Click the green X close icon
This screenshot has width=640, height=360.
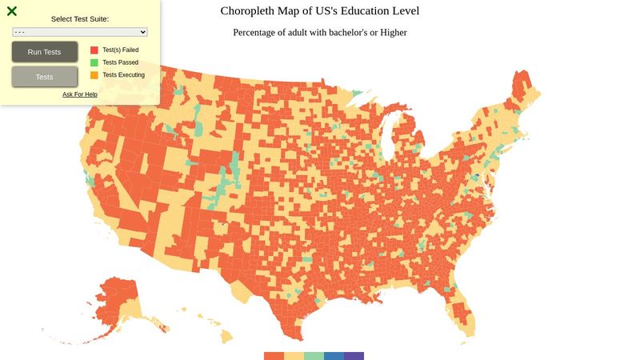[12, 11]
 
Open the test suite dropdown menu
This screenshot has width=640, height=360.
[80, 31]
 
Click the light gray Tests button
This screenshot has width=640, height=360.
[45, 77]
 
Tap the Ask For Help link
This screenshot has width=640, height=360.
[80, 94]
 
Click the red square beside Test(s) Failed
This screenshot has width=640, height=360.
[94, 50]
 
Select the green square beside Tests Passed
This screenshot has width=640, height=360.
[94, 62]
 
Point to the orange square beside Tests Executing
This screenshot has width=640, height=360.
[94, 75]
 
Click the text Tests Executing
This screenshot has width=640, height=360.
[123, 75]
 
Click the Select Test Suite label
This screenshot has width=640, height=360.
[80, 18]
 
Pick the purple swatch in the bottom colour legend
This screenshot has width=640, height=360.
[354, 356]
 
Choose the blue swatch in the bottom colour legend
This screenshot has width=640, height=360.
[334, 356]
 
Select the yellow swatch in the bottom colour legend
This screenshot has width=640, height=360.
[294, 356]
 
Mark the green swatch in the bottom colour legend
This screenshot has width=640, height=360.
[314, 356]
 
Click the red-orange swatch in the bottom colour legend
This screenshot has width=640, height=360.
[274, 356]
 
